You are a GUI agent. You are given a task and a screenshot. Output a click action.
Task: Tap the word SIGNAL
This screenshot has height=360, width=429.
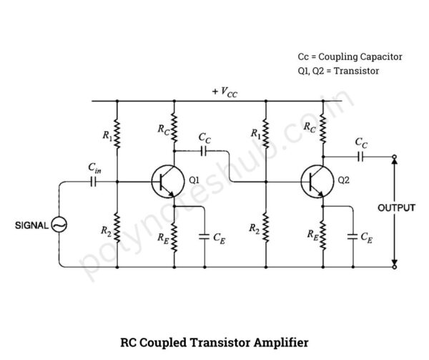[31, 225]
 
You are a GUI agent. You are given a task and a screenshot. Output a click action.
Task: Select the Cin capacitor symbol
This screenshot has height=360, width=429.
[94, 182]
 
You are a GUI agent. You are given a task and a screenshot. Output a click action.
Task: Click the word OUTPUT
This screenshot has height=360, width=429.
[397, 208]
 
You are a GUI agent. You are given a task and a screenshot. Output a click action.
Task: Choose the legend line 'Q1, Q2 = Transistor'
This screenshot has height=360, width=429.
[338, 71]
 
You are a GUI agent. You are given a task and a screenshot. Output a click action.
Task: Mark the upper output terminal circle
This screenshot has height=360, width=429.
[394, 156]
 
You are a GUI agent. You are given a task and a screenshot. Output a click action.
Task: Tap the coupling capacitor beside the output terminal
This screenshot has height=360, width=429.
[362, 155]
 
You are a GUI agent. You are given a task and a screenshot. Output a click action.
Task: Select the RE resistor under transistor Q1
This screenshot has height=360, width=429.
[174, 233]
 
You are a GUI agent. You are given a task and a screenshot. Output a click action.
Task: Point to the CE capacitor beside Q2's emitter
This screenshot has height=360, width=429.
[352, 235]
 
